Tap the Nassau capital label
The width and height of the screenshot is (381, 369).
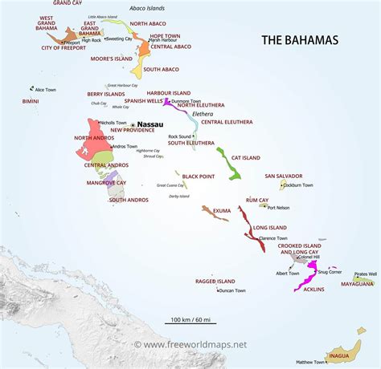[150, 124]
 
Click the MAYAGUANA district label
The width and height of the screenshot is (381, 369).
[357, 283]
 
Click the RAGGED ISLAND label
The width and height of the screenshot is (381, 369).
[215, 282]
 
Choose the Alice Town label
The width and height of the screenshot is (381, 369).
[45, 89]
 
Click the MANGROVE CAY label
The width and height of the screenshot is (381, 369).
[106, 182]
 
